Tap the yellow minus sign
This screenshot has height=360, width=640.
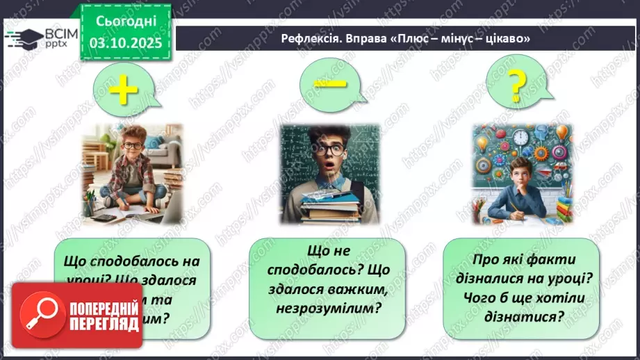[x=329, y=83]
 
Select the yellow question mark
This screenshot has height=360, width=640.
[x=515, y=86]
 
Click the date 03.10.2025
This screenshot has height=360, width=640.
[x=126, y=42]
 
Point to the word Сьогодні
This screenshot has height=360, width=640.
[x=126, y=22]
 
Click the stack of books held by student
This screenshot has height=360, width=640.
[x=327, y=202]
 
